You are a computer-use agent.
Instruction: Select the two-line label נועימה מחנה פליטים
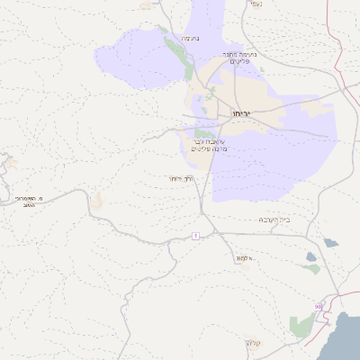coord(240,58)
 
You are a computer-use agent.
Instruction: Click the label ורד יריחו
coord(180,179)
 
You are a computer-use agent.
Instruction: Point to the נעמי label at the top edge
coord(255,4)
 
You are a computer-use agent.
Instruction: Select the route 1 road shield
coord(194,236)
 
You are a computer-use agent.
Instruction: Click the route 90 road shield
coord(318,307)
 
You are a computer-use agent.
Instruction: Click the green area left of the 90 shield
coord(301,325)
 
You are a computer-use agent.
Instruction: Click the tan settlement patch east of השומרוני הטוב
coord(96,199)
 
